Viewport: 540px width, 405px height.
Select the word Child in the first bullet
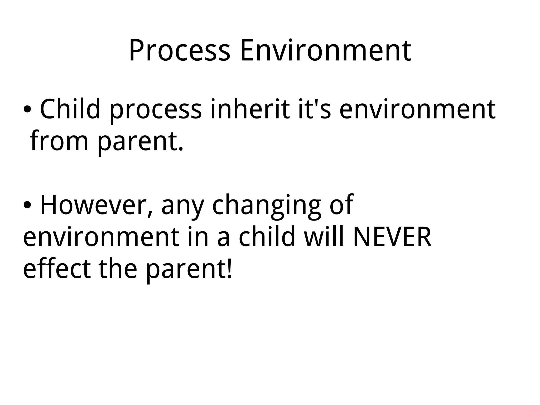click(x=70, y=109)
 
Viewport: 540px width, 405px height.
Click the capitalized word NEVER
click(x=392, y=237)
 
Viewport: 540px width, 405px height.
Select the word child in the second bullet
click(x=267, y=236)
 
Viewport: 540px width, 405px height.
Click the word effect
click(x=57, y=268)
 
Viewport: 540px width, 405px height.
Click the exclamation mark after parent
click(x=229, y=268)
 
